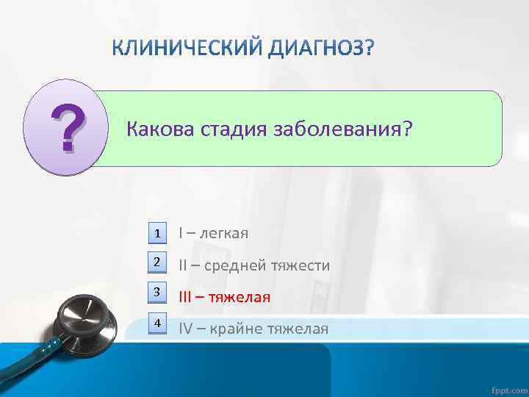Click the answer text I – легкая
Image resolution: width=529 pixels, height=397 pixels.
click(x=214, y=233)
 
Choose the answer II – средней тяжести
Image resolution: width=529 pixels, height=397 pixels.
click(x=254, y=265)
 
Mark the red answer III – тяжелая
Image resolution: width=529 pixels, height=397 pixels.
click(x=225, y=297)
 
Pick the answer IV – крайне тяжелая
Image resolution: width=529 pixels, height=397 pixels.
click(x=253, y=328)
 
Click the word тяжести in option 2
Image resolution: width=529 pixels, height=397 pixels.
click(x=301, y=265)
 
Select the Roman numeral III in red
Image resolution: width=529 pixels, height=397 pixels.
click(x=186, y=297)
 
